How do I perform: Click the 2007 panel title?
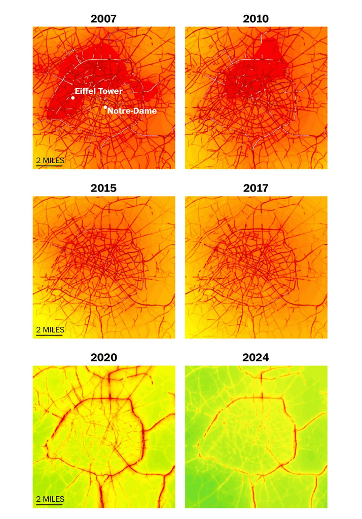pos(103,19)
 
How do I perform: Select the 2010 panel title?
pos(256,19)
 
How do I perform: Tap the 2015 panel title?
pos(103,188)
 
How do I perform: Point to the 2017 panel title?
pos(256,188)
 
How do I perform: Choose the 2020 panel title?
pos(103,357)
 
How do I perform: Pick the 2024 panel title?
pos(256,357)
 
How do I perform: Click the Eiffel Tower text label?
pos(99,91)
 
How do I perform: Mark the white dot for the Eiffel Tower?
pos(73,98)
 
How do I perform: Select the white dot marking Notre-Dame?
pos(105,107)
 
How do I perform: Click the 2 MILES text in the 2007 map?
pos(50,161)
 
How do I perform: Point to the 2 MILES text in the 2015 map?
pos(50,330)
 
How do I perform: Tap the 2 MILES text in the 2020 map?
pos(50,499)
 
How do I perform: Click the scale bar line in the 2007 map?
pos(49,166)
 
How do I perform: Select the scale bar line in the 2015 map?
pos(49,335)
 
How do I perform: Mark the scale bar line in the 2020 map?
pos(49,504)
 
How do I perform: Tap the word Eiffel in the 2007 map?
pos(86,91)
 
